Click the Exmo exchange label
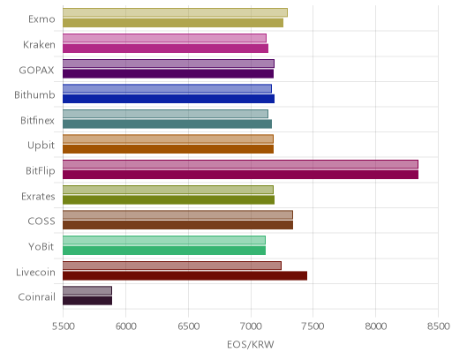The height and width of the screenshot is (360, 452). pos(41,19)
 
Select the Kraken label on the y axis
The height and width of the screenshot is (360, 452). pos(39,44)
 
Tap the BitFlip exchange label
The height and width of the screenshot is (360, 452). pos(41,170)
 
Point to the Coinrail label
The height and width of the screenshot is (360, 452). pos(36,297)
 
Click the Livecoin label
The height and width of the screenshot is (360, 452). pos(35,272)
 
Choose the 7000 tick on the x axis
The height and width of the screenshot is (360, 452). pos(251,326)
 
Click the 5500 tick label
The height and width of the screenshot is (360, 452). pos(63,326)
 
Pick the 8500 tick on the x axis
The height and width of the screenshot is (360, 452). pos(439,326)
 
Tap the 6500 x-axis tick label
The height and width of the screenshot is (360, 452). pos(189,326)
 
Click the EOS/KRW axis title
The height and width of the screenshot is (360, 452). pos(251,344)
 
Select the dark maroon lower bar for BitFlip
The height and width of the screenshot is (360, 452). pos(240,175)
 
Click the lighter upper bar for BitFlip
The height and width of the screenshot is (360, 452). pos(240,164)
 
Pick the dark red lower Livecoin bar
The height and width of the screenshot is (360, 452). pos(185,276)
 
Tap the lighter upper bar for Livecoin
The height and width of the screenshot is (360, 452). pos(172,266)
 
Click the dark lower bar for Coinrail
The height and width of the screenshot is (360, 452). pos(87,301)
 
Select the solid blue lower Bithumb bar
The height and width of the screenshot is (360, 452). pos(169,99)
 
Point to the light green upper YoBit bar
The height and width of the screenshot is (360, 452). pos(164,240)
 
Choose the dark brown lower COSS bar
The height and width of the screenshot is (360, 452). pos(177,225)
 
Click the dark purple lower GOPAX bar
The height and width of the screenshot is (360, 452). pos(168,73)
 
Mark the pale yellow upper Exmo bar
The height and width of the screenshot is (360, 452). pos(175,12)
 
